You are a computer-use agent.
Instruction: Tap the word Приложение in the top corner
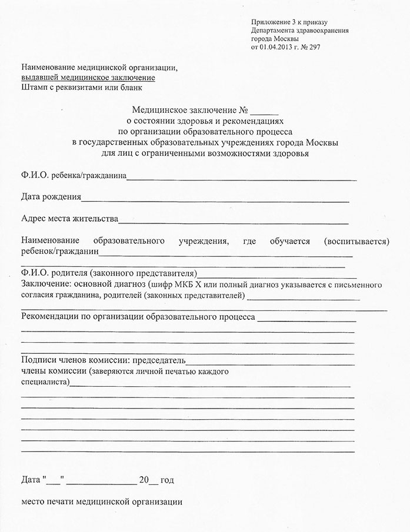pos(269,22)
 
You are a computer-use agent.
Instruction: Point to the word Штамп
pos(35,88)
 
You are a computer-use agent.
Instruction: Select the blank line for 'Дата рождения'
pos(215,200)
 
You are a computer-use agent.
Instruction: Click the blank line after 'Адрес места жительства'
pos(233,222)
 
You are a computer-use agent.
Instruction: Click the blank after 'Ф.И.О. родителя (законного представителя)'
pos(277,275)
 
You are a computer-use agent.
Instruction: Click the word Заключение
pos(42,285)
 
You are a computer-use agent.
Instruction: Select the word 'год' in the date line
pos(167,480)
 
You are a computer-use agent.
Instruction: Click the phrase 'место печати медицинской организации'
pos(102,503)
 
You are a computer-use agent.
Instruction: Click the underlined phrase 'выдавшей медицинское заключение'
pos(88,78)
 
